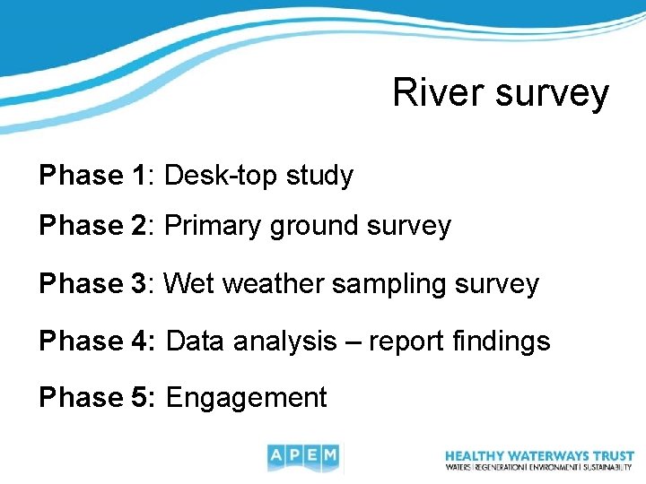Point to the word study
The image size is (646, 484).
319,177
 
